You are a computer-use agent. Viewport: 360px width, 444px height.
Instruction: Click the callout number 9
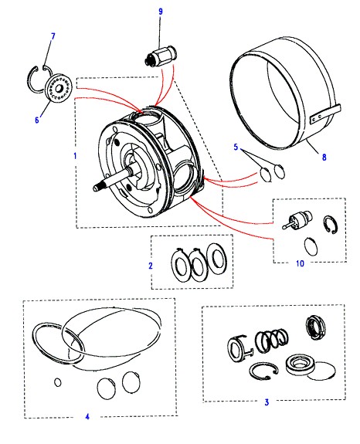click(161, 12)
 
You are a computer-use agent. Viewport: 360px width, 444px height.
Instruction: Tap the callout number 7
click(53, 36)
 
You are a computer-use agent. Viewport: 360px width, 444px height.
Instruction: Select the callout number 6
click(37, 120)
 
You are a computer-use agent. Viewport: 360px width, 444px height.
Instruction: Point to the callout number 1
click(75, 156)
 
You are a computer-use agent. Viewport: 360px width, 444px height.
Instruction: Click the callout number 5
click(236, 147)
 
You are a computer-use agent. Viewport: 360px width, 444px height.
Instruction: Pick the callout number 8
click(324, 157)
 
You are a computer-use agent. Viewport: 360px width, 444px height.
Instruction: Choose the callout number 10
click(300, 263)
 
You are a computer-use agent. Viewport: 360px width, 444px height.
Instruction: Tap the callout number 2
click(151, 266)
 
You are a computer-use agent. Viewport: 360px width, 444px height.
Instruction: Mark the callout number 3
click(267, 402)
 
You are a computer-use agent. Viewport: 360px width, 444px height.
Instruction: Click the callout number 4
click(87, 416)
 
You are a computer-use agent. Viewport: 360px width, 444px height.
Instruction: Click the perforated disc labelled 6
click(59, 89)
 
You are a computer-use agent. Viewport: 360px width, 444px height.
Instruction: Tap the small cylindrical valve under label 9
click(160, 57)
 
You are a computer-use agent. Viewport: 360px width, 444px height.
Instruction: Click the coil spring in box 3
click(271, 340)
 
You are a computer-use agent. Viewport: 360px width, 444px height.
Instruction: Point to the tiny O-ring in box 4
click(57, 382)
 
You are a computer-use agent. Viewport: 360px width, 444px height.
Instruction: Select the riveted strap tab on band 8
click(325, 114)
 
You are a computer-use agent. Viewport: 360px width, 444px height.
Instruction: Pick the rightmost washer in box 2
click(216, 256)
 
